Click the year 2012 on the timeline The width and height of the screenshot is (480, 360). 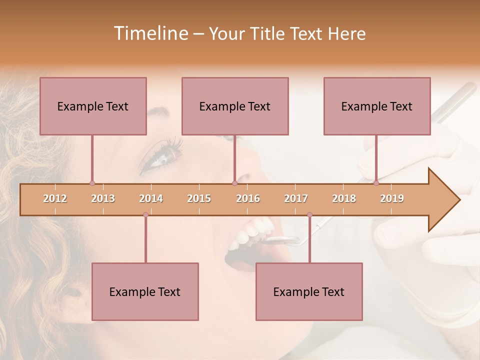pyautogui.click(x=55, y=198)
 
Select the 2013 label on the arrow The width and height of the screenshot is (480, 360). pyautogui.click(x=103, y=198)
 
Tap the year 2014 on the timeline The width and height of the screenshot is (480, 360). pyautogui.click(x=151, y=198)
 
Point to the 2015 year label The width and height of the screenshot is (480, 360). pyautogui.click(x=199, y=198)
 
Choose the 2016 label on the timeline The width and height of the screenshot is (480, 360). pyautogui.click(x=248, y=198)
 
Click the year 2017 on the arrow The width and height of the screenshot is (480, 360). pyautogui.click(x=296, y=198)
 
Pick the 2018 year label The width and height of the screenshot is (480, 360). pyautogui.click(x=344, y=198)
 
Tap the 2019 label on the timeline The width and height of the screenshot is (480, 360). pyautogui.click(x=392, y=198)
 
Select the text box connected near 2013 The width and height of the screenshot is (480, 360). pyautogui.click(x=93, y=106)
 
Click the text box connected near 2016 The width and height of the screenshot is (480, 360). pyautogui.click(x=235, y=106)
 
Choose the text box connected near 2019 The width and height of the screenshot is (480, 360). pyautogui.click(x=377, y=106)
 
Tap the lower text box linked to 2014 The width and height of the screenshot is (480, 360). pyautogui.click(x=145, y=291)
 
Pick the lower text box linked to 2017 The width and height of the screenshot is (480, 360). pyautogui.click(x=309, y=291)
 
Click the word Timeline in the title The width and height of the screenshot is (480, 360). pyautogui.click(x=150, y=33)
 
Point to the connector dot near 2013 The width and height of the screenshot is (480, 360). pyautogui.click(x=92, y=183)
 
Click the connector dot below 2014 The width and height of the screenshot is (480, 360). pyautogui.click(x=145, y=215)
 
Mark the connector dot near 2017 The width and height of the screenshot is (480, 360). pyautogui.click(x=309, y=215)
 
